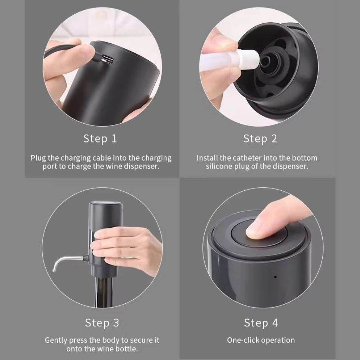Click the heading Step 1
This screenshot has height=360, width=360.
(x=100, y=139)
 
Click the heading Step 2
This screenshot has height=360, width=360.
(x=260, y=139)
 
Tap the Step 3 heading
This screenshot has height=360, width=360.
(x=102, y=323)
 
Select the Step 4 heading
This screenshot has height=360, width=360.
(x=261, y=323)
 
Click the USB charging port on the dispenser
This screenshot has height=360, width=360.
(x=107, y=60)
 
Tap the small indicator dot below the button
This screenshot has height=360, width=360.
(x=275, y=277)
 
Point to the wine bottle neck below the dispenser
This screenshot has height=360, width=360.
(x=104, y=292)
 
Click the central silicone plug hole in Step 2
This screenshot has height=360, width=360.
(x=266, y=61)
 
